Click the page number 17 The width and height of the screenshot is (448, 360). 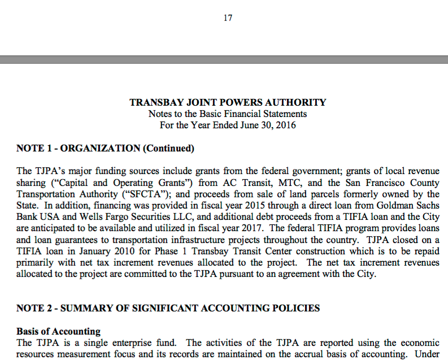228,18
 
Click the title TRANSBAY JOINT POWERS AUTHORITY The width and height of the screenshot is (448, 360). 228,102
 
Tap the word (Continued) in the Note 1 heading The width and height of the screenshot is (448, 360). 168,148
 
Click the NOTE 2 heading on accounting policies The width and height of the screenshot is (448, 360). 168,308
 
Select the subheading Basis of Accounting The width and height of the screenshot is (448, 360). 58,331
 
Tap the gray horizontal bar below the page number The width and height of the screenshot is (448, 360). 224,59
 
